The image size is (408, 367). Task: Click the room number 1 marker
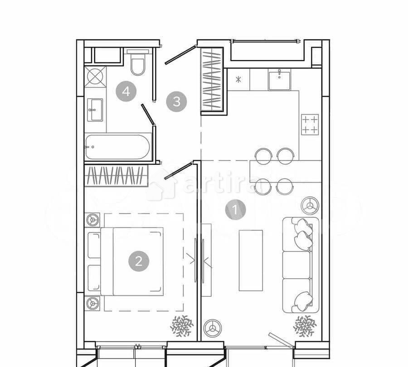235,210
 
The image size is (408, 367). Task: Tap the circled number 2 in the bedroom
139,261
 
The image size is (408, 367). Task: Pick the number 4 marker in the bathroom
126,92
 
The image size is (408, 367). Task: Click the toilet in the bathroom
137,64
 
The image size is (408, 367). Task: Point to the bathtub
118,147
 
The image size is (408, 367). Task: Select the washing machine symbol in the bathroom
95,76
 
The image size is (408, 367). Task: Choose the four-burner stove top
310,124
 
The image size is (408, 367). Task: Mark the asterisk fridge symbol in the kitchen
238,80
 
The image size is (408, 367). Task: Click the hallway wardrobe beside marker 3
212,79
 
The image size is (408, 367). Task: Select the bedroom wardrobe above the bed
116,176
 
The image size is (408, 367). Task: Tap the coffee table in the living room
251,260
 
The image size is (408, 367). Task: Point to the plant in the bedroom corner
181,326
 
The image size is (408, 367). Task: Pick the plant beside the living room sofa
305,326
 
